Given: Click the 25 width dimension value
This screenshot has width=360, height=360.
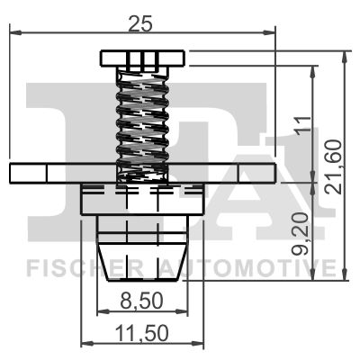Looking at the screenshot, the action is [140, 23].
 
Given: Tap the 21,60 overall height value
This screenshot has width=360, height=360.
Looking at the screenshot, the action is [334, 167].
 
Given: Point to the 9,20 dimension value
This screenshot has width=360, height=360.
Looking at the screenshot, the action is [301, 234].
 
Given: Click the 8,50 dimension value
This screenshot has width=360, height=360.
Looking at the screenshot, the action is [141, 301].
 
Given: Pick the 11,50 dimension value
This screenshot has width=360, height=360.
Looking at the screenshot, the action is [142, 333].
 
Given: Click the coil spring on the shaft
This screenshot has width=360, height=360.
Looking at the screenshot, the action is [142, 124].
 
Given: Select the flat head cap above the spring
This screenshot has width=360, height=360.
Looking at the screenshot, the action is [142, 58].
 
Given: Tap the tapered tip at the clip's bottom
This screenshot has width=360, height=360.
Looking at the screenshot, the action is [142, 262].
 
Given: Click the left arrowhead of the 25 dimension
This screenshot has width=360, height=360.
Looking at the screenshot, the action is [15, 32].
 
